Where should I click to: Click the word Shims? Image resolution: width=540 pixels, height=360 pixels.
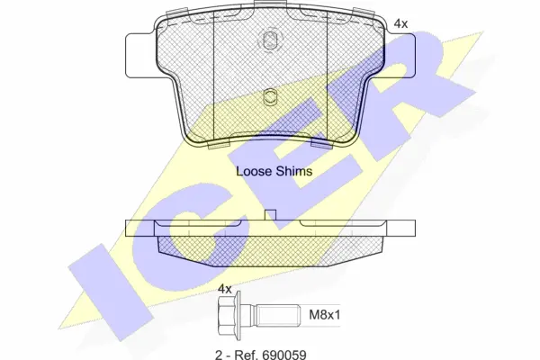click(295, 171)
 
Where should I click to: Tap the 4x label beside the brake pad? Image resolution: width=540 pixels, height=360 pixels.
click(400, 23)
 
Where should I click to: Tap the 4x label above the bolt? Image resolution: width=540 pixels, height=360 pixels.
click(225, 289)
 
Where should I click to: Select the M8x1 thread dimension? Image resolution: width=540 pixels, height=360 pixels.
click(324, 314)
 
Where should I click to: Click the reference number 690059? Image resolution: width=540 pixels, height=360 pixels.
click(284, 355)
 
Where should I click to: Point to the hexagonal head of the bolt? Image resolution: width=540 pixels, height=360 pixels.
click(229, 315)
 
